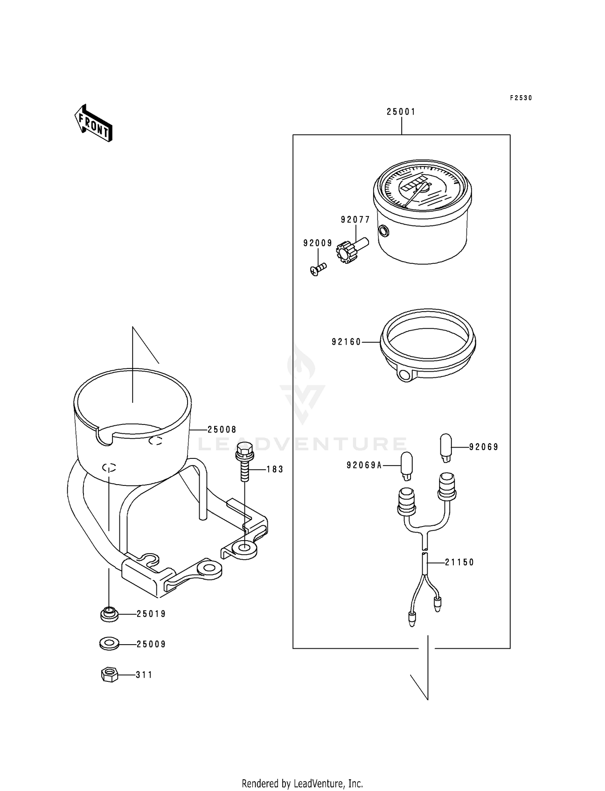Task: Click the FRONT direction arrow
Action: point(93,123)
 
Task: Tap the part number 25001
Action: point(401,112)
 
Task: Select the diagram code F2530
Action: point(521,98)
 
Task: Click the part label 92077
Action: point(355,220)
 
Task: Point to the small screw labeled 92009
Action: point(318,269)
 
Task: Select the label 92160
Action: point(346,342)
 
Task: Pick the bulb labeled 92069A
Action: point(407,466)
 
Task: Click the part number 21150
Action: point(459,562)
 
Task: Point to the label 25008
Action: point(222,430)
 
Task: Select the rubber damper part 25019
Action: point(109,614)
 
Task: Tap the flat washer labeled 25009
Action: point(109,644)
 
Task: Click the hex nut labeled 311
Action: point(109,674)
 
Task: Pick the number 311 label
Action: point(144,674)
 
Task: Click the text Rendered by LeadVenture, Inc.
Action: point(302,783)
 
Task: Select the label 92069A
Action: point(364,465)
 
